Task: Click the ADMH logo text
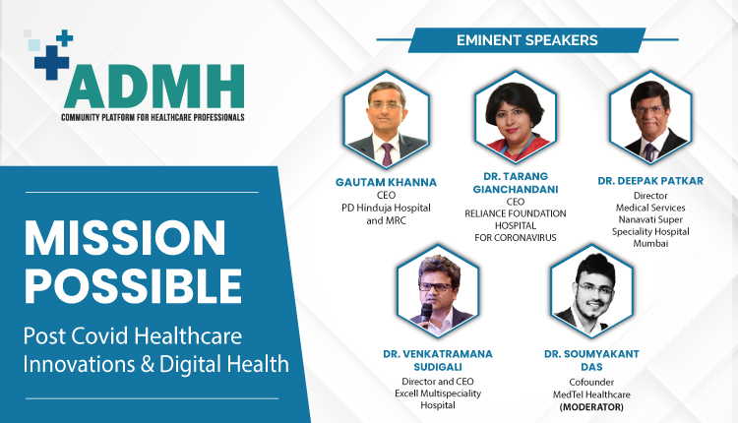point(153,88)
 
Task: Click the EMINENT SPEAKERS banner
point(526,40)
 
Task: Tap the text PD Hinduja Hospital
point(386,209)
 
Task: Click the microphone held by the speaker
point(427,312)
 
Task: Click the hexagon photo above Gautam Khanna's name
point(385,123)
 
